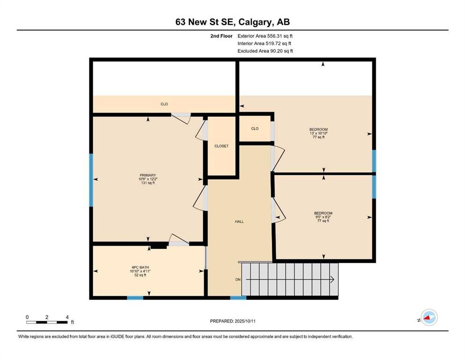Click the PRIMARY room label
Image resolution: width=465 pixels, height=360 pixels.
tap(148, 175)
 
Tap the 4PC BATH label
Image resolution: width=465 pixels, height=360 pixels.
tap(140, 267)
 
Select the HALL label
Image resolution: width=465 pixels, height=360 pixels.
tap(239, 222)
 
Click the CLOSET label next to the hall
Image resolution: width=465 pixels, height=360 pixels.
tap(221, 146)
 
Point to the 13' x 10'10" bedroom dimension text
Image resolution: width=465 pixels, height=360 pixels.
tap(318, 133)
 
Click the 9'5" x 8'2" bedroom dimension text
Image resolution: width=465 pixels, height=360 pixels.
tap(323, 217)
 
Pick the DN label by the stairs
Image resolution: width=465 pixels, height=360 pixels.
tap(238, 279)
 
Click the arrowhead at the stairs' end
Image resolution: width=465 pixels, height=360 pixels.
tap(333, 279)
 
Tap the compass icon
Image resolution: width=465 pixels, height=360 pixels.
tap(429, 317)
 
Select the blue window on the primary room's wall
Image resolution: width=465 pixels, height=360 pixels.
tap(91, 180)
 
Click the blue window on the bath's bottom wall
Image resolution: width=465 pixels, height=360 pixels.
tap(135, 298)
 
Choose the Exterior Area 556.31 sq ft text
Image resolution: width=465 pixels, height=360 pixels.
tap(265, 36)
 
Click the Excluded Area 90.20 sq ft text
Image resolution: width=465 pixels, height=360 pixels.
tap(265, 51)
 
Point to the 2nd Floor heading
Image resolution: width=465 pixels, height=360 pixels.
tap(221, 36)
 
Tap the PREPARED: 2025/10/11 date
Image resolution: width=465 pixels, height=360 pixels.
tap(233, 321)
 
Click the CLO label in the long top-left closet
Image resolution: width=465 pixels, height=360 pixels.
tap(164, 104)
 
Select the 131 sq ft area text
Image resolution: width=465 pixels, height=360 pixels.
tap(148, 183)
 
